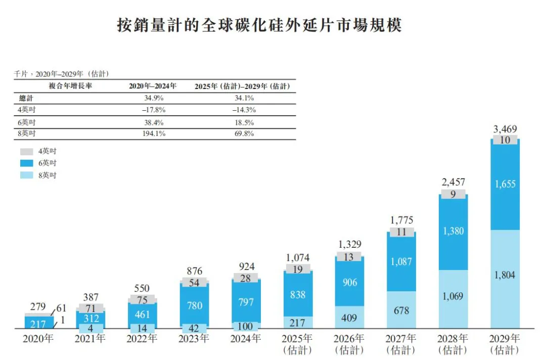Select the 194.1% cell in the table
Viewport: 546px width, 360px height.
pyautogui.click(x=152, y=134)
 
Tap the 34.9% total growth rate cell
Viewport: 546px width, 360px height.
pyautogui.click(x=152, y=98)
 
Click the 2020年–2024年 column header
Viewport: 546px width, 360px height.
pyautogui.click(x=152, y=86)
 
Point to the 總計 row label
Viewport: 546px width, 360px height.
pyautogui.click(x=26, y=98)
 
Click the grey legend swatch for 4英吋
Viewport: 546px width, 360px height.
pyautogui.click(x=27, y=151)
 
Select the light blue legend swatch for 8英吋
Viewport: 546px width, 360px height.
pyautogui.click(x=27, y=175)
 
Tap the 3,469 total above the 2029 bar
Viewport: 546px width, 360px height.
pyautogui.click(x=505, y=130)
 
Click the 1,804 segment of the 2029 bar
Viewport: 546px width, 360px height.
pyautogui.click(x=505, y=276)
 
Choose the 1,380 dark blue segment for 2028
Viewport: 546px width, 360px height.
pyautogui.click(x=453, y=232)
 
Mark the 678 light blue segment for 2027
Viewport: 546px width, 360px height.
pyautogui.click(x=401, y=310)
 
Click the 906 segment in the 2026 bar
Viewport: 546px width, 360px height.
pyautogui.click(x=349, y=282)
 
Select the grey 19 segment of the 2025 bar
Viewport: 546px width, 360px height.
pyautogui.click(x=298, y=269)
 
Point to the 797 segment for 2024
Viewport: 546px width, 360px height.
pyautogui.click(x=246, y=302)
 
